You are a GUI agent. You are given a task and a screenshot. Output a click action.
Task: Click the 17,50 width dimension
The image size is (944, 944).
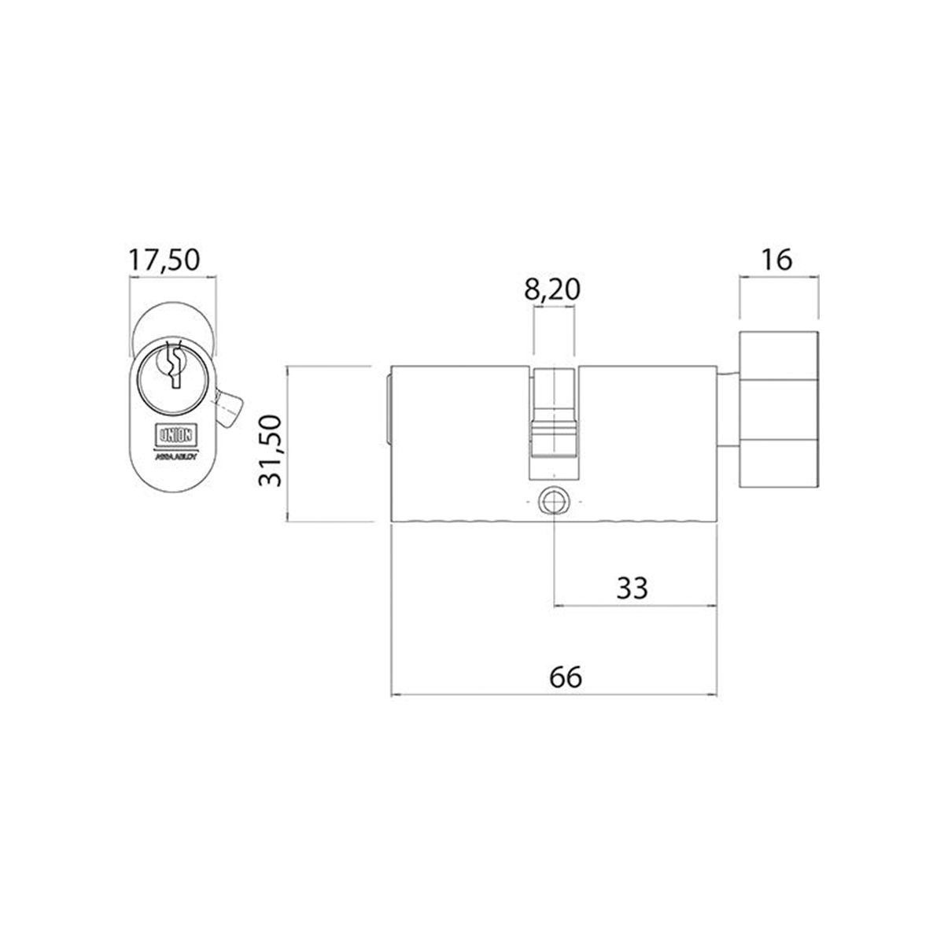[x=165, y=260]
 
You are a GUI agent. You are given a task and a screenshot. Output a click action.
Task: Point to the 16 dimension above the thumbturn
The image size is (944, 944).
[x=777, y=260]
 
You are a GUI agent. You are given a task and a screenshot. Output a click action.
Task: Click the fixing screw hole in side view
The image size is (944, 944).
[x=553, y=501]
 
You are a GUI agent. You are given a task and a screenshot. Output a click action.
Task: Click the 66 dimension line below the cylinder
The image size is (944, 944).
[x=472, y=695]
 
